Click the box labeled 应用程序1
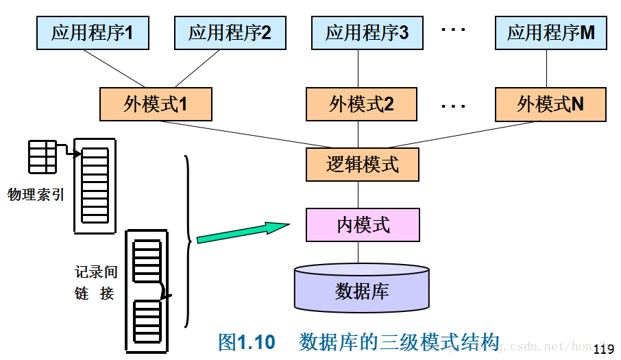pyautogui.click(x=93, y=33)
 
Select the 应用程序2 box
pyautogui.click(x=230, y=33)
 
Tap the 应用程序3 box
pyautogui.click(x=367, y=33)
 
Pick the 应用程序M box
pyautogui.click(x=550, y=33)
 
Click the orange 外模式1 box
pyautogui.click(x=156, y=104)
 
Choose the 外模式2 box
pyautogui.click(x=361, y=104)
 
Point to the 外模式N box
pyautogui.click(x=550, y=104)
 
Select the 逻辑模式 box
pyautogui.click(x=362, y=165)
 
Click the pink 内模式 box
pyautogui.click(x=363, y=225)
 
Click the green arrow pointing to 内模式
pyautogui.click(x=241, y=231)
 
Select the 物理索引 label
pyautogui.click(x=36, y=195)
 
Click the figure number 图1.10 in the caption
pyautogui.click(x=246, y=342)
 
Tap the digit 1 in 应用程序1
pyautogui.click(x=128, y=33)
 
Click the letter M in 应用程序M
pyautogui.click(x=587, y=33)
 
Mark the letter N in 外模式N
pyautogui.click(x=577, y=104)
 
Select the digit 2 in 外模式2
pyautogui.click(x=389, y=104)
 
